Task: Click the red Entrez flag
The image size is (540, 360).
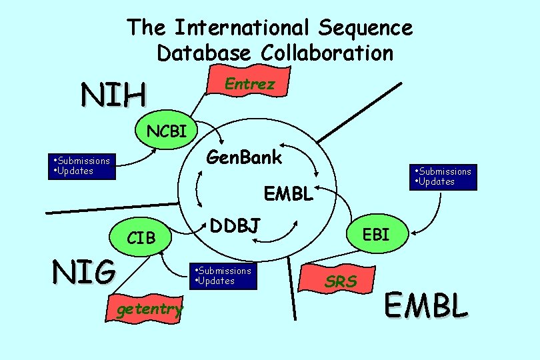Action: click(248, 85)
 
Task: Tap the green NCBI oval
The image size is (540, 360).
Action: click(167, 130)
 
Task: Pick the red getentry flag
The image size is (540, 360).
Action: click(149, 309)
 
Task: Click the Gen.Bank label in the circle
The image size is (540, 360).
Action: click(244, 158)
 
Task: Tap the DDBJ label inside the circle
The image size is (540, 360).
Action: click(235, 226)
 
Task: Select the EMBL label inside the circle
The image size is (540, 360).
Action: click(288, 195)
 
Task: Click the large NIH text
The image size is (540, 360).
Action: click(113, 95)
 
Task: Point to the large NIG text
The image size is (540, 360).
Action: click(84, 273)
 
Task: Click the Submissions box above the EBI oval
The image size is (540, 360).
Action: click(443, 177)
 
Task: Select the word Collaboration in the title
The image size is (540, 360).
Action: click(327, 52)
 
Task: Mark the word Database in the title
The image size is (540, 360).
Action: click(205, 52)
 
